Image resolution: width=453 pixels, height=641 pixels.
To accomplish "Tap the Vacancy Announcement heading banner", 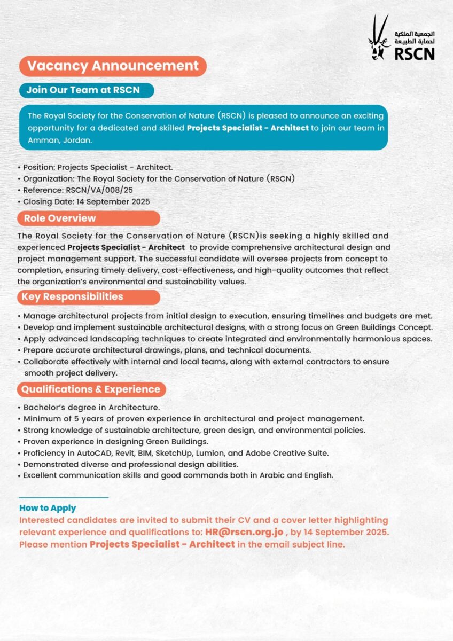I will (113, 66).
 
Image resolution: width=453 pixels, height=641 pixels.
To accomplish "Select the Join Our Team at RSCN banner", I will (86, 90).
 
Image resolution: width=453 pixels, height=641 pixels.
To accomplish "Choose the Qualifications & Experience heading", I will (91, 389).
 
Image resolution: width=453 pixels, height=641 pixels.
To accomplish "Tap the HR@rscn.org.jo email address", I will (244, 533).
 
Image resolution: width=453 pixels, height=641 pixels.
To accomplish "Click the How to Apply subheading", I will (48, 508).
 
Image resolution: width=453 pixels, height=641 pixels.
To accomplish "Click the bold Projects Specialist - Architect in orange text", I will (162, 544).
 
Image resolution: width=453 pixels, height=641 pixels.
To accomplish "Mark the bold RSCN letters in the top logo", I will (415, 53).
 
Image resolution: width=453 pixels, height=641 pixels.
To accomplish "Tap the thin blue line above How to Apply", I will (64, 498).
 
